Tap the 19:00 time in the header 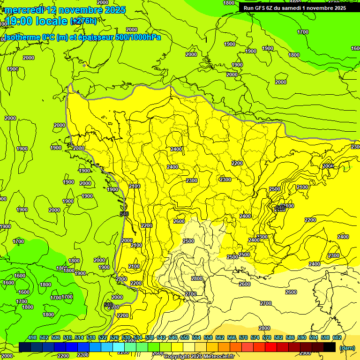click(x=21, y=21)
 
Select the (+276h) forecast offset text click(x=83, y=21)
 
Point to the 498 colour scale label click(x=32, y=337)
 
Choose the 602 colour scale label click(x=337, y=337)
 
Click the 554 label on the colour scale click(x=196, y=337)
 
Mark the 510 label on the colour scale click(x=67, y=337)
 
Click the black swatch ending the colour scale click(x=330, y=347)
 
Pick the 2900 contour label click(x=305, y=352)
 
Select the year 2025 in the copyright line click(x=195, y=357)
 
